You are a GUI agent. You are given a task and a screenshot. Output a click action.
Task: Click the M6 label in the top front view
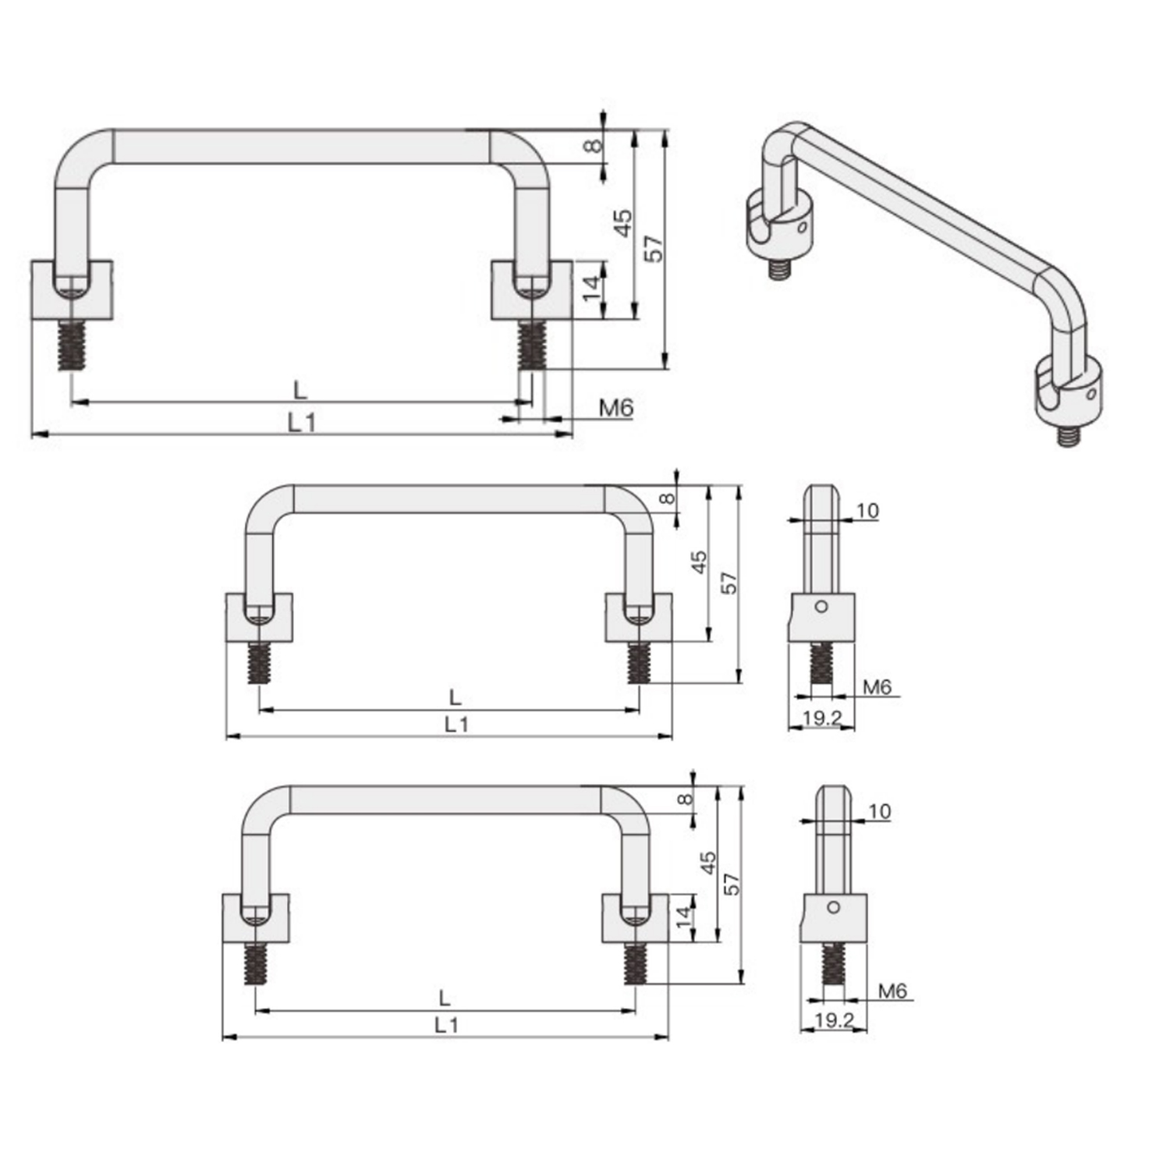pos(616,407)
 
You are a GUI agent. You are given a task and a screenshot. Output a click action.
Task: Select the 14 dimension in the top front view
pos(593,289)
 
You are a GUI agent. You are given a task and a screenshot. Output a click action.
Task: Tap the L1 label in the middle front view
pos(456,725)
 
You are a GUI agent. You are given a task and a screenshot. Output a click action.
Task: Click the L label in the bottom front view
pos(445,998)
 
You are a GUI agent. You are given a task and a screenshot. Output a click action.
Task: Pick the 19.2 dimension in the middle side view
pos(821,718)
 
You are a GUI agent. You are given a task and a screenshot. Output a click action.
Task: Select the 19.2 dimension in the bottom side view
pos(834,1019)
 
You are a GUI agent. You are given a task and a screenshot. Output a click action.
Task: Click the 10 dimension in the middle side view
pos(867,511)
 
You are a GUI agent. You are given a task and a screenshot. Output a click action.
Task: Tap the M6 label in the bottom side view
pos(892,991)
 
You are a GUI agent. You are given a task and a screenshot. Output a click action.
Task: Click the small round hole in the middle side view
pos(821,606)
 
